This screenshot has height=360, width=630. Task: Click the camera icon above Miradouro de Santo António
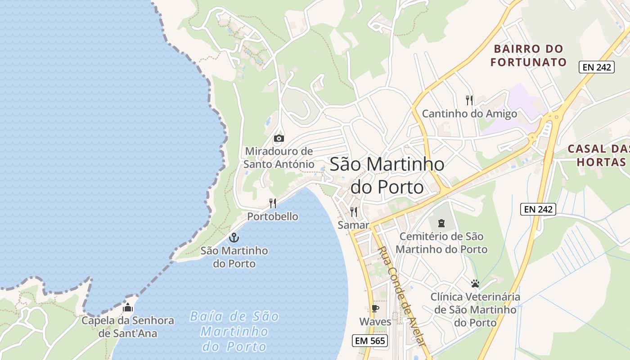[279, 138]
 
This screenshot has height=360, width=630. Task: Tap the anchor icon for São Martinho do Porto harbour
[234, 238]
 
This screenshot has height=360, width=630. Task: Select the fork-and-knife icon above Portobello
[273, 203]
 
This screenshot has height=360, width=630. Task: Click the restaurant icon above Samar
[354, 211]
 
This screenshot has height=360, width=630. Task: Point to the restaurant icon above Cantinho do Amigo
[469, 100]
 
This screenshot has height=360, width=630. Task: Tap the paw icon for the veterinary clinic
[475, 283]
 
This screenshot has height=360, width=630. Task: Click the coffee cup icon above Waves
[375, 309]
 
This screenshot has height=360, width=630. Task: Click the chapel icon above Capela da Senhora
[128, 308]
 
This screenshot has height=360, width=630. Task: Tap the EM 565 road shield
[370, 341]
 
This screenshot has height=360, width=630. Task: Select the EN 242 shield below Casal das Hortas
[539, 209]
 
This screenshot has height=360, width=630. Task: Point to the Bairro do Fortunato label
[528, 55]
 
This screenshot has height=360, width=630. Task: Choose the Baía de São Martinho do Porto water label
[234, 332]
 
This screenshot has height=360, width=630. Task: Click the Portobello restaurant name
[273, 216]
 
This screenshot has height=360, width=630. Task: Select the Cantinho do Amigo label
[469, 114]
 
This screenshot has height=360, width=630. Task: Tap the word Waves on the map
[375, 322]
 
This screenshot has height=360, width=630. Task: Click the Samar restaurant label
[354, 225]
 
